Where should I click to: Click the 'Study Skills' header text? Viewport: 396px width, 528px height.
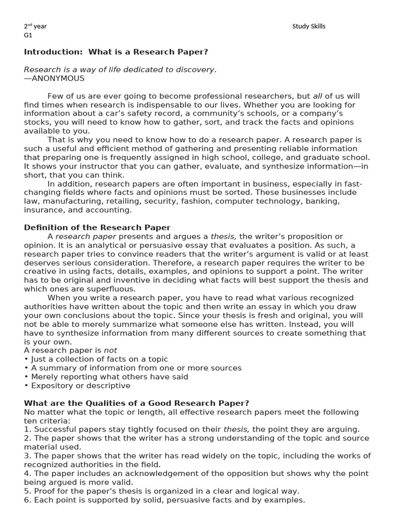tap(309, 26)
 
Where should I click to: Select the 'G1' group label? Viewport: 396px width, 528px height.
tap(28, 36)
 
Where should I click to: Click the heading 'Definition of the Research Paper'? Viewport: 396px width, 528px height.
tap(97, 227)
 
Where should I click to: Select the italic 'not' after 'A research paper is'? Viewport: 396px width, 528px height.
tap(110, 350)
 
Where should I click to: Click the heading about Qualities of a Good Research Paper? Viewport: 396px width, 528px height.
tap(137, 403)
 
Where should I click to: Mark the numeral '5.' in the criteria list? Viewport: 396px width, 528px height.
tap(27, 491)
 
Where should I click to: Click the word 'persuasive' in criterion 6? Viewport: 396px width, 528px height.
tap(191, 500)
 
